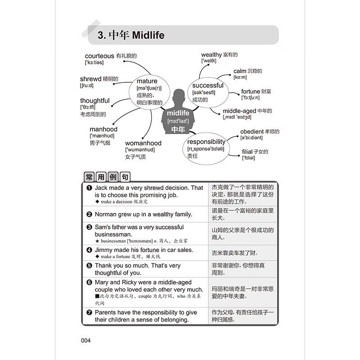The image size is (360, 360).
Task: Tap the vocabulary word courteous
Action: click(99, 56)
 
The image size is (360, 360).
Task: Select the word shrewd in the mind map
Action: click(90, 79)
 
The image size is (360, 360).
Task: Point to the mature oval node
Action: click(150, 88)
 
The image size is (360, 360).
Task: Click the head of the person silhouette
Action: click(179, 95)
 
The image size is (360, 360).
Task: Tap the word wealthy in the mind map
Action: click(211, 55)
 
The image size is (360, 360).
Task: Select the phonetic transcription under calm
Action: click(240, 77)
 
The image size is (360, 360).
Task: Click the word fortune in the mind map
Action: click(251, 91)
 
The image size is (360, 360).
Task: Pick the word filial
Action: click(247, 152)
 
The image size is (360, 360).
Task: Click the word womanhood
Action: click(143, 143)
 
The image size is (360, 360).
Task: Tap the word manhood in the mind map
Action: click(103, 130)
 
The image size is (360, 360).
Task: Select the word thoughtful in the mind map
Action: click(94, 100)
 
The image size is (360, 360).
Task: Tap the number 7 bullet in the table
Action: click(89, 312)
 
